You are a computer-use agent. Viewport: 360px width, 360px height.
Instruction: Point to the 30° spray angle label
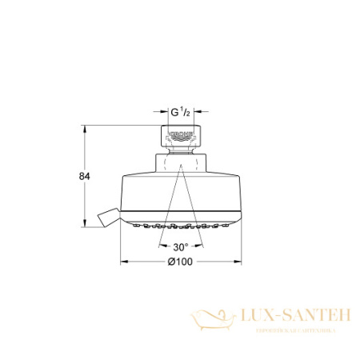181,247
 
